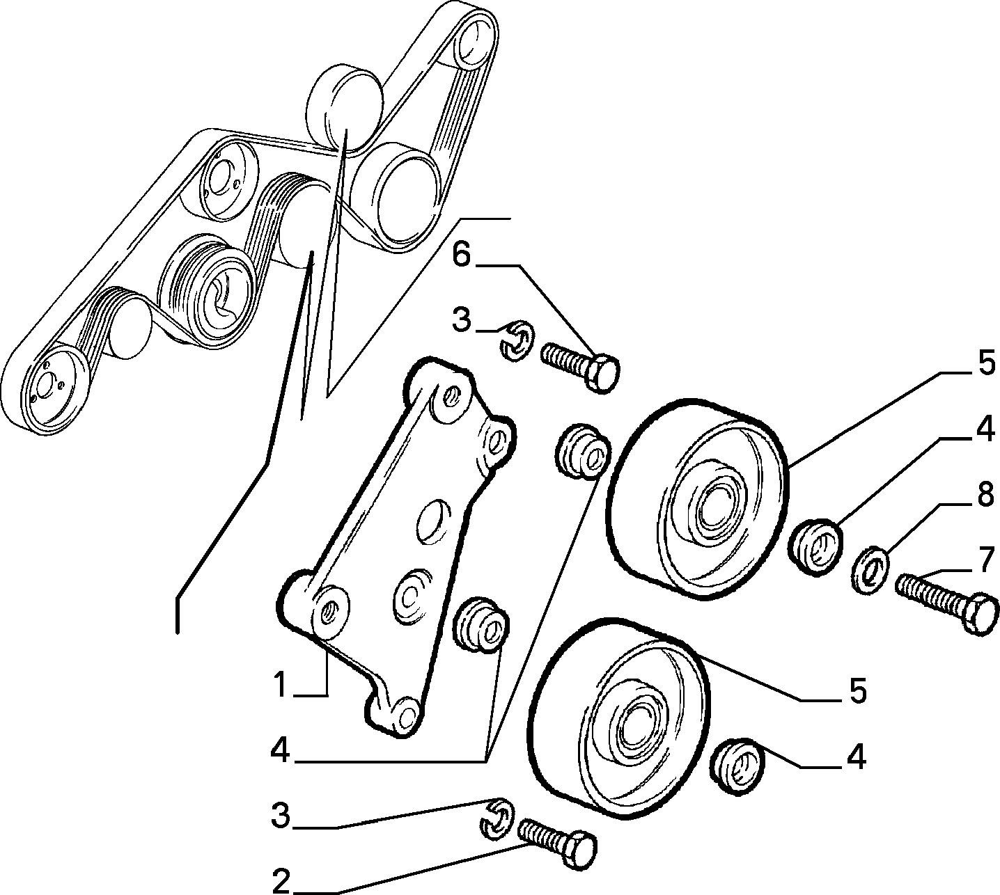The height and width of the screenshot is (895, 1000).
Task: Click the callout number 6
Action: [x=462, y=257]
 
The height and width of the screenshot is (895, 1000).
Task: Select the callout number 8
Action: [x=985, y=495]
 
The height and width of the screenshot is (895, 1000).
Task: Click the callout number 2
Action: [x=281, y=882]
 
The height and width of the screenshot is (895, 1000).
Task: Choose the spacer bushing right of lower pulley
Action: [x=737, y=768]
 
